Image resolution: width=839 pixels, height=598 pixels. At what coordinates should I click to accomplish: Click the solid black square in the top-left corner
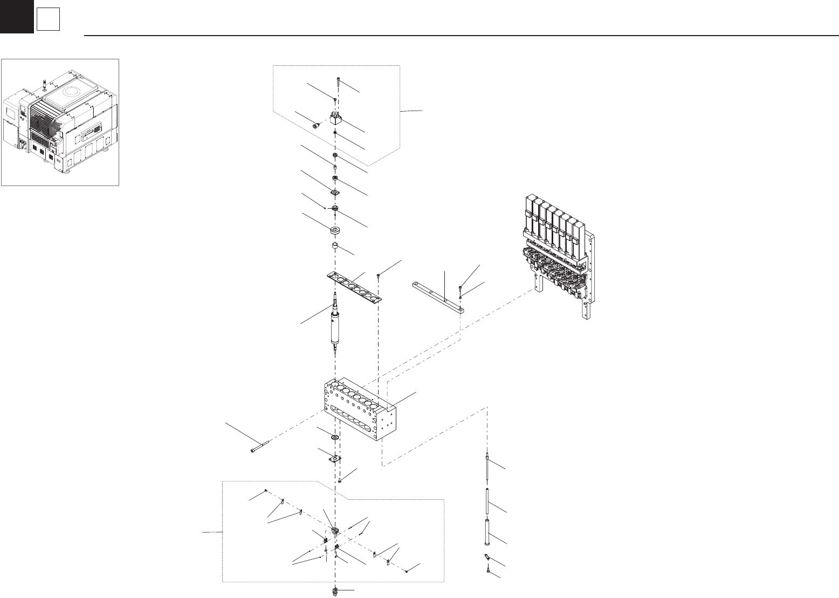click(x=16, y=16)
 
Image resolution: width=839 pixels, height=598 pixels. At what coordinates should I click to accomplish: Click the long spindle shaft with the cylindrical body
click(x=335, y=324)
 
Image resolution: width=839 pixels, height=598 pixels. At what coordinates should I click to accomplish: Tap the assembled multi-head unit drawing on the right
click(x=558, y=253)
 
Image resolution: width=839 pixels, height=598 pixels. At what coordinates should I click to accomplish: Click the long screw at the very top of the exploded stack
click(x=336, y=81)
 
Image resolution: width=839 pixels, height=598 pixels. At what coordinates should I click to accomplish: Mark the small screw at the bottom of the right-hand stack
click(x=487, y=568)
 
